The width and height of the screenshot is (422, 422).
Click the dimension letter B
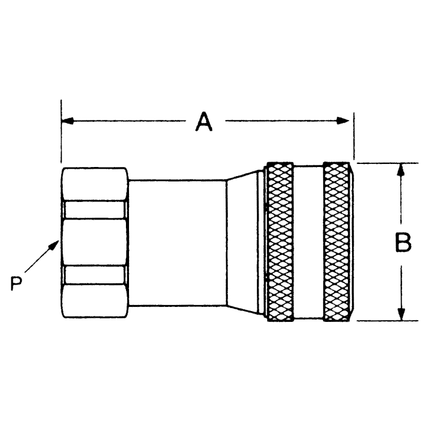click(402, 243)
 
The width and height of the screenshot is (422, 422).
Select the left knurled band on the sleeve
click(280, 241)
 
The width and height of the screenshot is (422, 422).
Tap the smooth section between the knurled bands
click(308, 241)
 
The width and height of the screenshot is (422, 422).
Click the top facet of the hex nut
click(94, 184)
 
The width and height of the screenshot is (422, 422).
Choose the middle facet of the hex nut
click(94, 242)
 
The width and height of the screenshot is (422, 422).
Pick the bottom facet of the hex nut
click(94, 300)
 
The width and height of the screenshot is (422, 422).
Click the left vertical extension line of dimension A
click(61, 139)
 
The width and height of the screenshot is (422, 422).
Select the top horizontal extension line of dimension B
click(386, 163)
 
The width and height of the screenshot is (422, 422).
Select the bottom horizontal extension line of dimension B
click(386, 321)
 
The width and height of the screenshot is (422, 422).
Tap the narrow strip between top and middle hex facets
click(94, 210)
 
